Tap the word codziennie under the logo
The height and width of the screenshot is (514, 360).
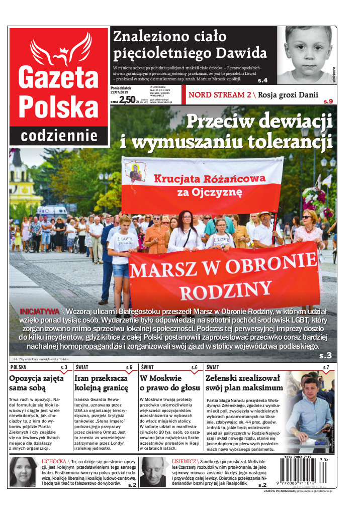(59, 135)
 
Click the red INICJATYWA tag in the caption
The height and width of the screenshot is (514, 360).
(39, 310)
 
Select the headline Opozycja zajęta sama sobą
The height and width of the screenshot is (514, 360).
(34, 383)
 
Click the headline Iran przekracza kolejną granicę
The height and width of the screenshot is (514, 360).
(102, 383)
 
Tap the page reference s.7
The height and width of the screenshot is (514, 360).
(326, 368)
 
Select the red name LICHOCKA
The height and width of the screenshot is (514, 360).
(54, 461)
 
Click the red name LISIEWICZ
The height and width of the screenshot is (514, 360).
(183, 461)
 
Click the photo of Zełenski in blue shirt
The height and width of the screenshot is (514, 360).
(310, 409)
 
